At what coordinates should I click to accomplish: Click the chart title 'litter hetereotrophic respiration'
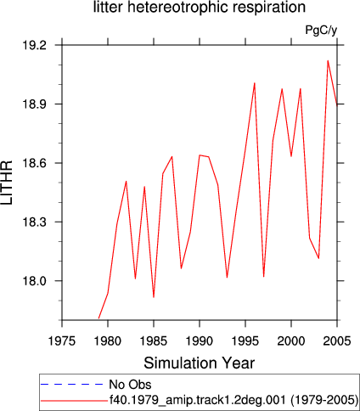[x=200, y=7]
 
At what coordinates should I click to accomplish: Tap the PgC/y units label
[x=321, y=30]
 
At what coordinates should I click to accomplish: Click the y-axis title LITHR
[x=7, y=183]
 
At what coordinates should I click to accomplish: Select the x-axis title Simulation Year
[x=200, y=363]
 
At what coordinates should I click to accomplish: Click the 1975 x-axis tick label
[x=62, y=341]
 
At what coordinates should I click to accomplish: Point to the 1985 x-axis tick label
[x=154, y=341]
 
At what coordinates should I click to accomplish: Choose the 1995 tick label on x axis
[x=245, y=341]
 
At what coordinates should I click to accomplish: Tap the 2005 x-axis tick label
[x=337, y=341]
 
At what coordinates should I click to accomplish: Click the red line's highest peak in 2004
[x=328, y=60]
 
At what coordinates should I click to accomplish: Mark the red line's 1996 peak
[x=255, y=83]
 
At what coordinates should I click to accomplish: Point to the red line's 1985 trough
[x=154, y=297]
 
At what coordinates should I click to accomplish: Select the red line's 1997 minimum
[x=263, y=277]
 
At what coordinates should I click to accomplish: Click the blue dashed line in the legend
[x=72, y=384]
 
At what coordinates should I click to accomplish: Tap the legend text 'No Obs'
[x=130, y=385]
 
